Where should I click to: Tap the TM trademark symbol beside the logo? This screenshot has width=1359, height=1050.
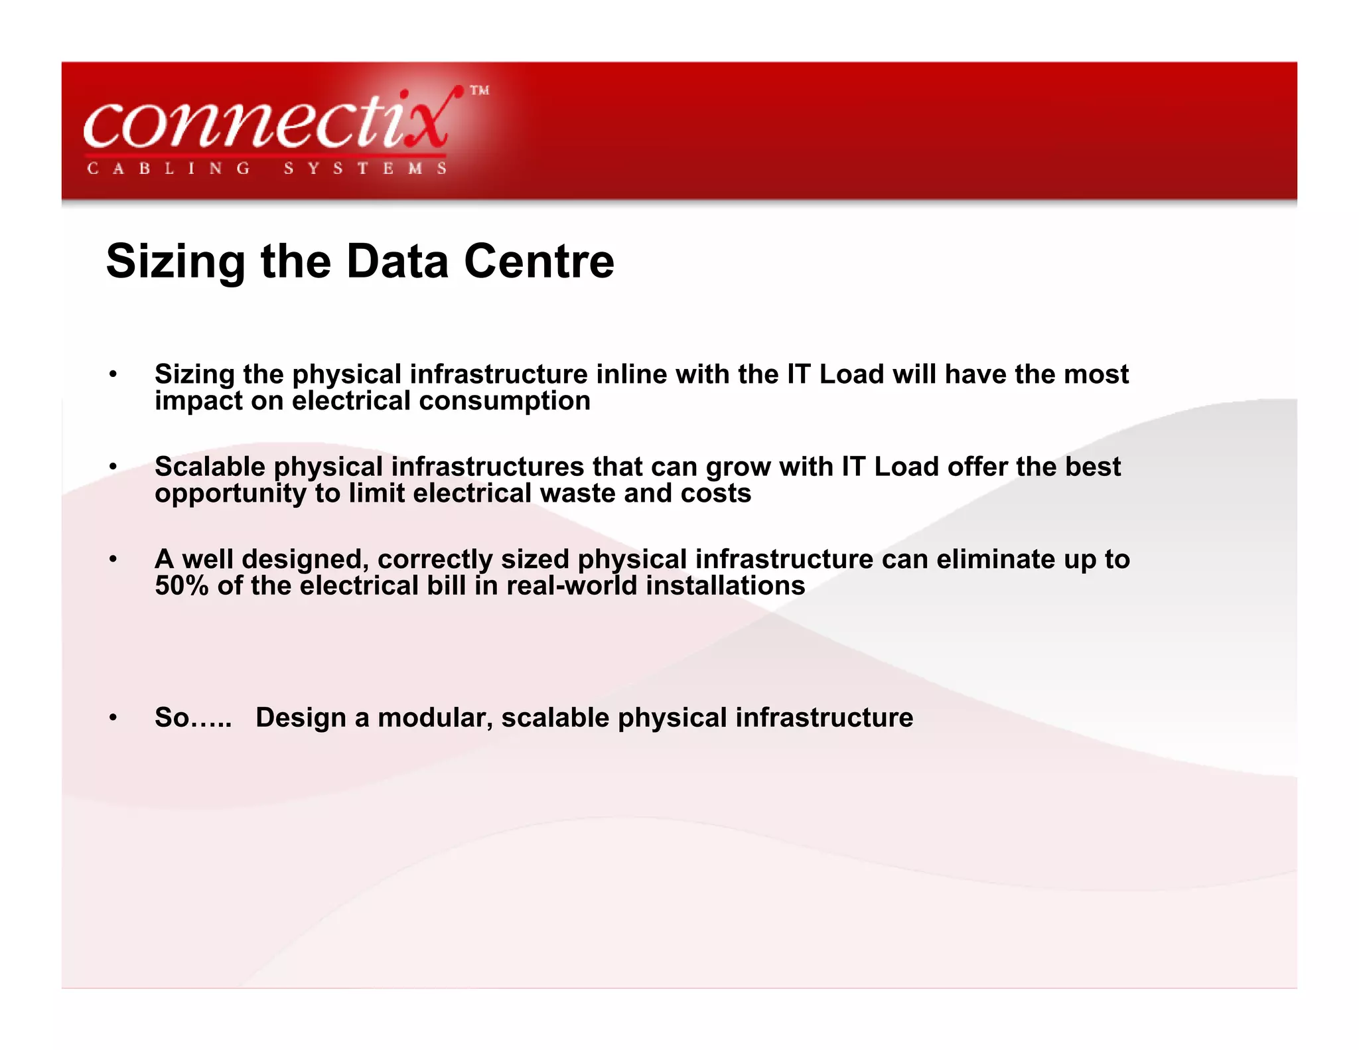480,90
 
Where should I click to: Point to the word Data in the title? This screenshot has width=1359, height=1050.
397,261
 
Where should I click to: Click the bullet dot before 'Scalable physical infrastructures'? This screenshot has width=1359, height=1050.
113,467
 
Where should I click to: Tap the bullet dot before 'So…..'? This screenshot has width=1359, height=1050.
113,717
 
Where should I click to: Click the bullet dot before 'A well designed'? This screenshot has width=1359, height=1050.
113,559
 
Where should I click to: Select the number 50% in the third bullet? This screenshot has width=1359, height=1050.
182,585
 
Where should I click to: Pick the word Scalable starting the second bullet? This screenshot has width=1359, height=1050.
210,467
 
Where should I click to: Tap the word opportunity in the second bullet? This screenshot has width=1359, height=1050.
230,493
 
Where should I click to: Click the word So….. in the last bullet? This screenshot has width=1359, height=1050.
193,717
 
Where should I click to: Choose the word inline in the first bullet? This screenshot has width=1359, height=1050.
631,374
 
